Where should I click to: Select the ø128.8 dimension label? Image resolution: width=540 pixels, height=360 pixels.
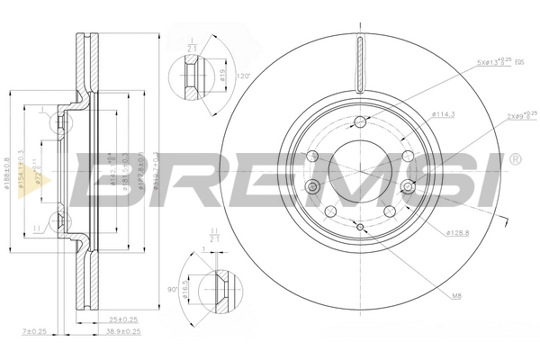460,233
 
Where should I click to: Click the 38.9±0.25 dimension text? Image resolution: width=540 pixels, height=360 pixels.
122,331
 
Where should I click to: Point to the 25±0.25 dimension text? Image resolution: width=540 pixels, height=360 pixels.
122,319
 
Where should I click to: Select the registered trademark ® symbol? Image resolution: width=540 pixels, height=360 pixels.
514,159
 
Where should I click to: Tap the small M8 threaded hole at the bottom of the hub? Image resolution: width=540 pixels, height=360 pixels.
360,228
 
